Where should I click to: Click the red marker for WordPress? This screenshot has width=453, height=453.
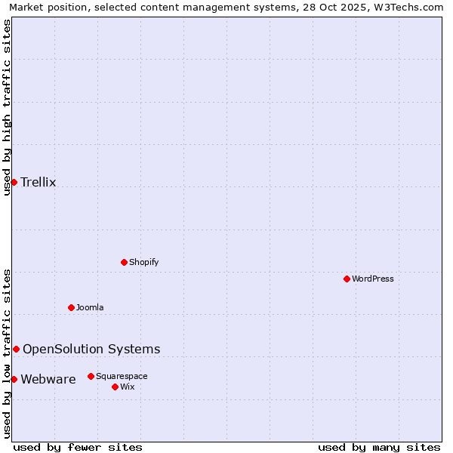347,279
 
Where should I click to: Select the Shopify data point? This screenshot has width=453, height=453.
124,262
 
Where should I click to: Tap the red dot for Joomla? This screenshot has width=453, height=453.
71,307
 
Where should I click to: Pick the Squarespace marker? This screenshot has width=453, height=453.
91,376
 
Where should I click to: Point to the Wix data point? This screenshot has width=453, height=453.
115,387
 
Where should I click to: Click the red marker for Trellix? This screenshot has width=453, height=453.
14,182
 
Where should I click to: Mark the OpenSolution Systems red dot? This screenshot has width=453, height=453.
16,349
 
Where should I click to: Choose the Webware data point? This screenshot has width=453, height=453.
14,379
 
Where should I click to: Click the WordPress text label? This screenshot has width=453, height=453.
373,279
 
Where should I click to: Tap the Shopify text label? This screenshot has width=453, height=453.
143,262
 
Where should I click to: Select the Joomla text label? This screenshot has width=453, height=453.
90,307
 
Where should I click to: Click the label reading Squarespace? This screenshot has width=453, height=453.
122,376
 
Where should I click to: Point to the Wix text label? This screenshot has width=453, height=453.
127,387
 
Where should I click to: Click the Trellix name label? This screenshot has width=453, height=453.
39,182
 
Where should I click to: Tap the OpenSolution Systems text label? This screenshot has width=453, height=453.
91,349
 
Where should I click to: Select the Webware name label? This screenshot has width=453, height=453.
48,379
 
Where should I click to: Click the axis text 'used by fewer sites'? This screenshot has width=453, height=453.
78,447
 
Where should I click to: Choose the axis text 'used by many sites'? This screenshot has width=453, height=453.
379,447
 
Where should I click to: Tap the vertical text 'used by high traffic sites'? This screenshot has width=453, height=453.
7,107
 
